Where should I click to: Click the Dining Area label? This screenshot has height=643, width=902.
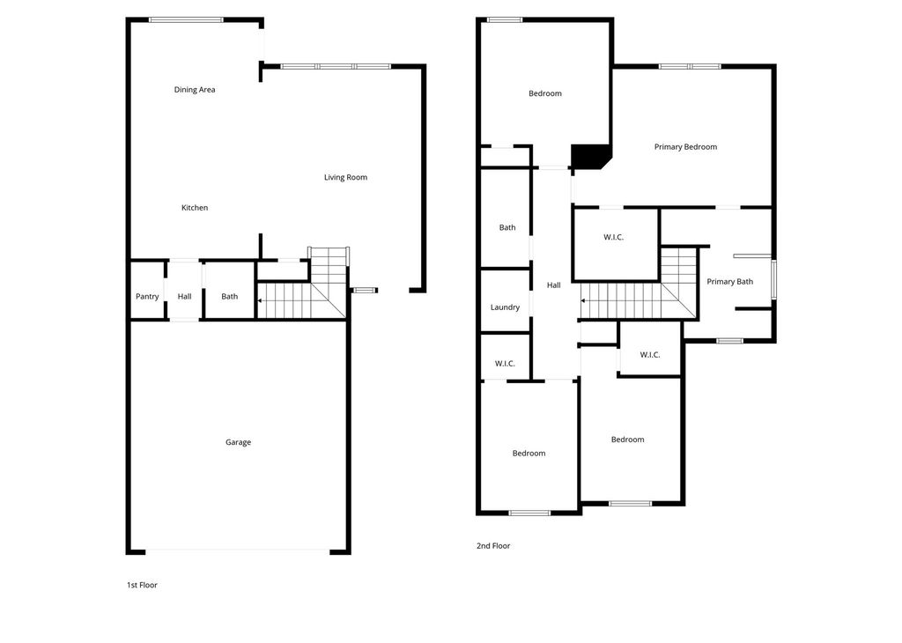click(x=195, y=90)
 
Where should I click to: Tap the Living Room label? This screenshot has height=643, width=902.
click(x=345, y=177)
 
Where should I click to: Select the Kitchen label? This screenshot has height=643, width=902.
click(x=195, y=208)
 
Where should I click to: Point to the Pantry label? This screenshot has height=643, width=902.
click(x=147, y=297)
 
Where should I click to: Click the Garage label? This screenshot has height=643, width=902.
click(x=238, y=442)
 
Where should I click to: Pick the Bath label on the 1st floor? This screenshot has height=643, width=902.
click(x=230, y=296)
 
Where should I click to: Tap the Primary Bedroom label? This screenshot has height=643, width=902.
click(x=685, y=147)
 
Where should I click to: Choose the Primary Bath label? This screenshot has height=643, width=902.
click(x=730, y=281)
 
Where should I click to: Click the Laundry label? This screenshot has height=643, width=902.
click(x=505, y=307)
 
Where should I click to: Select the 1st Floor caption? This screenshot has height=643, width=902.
click(x=142, y=585)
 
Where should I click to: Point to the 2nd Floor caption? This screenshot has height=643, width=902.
click(x=493, y=546)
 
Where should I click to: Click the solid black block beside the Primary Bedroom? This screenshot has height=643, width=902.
click(x=588, y=157)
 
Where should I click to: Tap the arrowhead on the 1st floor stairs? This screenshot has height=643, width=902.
click(x=260, y=300)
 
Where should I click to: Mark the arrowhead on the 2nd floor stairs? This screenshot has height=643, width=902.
click(x=583, y=300)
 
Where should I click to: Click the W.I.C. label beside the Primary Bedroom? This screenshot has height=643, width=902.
click(x=614, y=237)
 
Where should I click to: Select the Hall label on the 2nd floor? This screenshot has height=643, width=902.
click(x=554, y=285)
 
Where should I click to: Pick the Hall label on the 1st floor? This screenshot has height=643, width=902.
click(x=185, y=296)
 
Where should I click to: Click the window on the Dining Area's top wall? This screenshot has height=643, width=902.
click(x=186, y=19)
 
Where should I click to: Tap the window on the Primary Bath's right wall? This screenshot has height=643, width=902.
click(x=773, y=279)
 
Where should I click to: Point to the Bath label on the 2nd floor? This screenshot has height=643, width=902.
click(x=507, y=228)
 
